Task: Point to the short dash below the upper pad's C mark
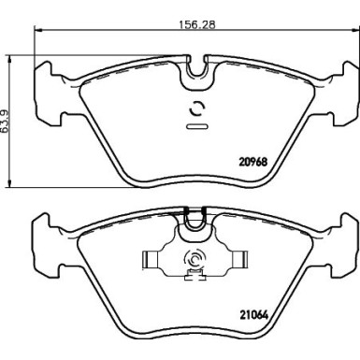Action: point(197,124)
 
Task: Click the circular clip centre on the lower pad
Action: point(196,262)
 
